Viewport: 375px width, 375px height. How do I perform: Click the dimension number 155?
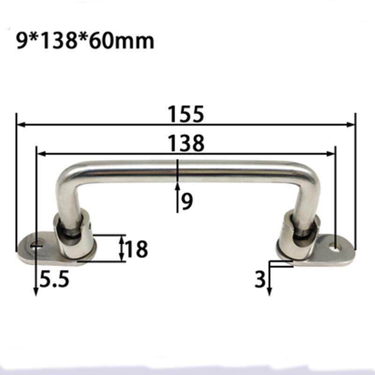(x=186, y=114)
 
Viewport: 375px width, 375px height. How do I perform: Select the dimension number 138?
(x=186, y=143)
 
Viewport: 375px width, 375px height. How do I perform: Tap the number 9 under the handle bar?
(x=187, y=201)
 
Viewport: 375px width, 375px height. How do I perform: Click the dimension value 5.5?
(x=54, y=278)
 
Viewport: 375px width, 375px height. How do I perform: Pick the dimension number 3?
(x=260, y=279)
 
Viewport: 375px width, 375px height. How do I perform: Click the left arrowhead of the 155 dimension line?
(x=22, y=124)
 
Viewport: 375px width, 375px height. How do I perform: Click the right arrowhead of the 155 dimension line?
(x=350, y=124)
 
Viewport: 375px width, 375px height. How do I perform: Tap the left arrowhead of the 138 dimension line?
(x=42, y=154)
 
